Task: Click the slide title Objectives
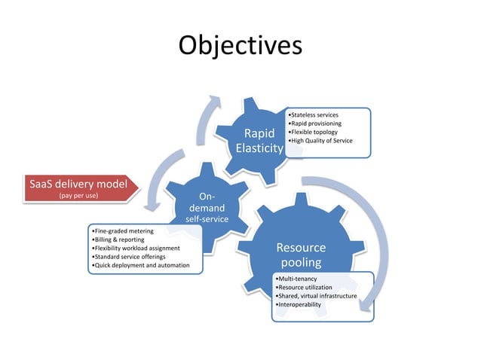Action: pos(240,45)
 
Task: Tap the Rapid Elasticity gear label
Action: pos(259,142)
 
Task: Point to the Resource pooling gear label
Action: pos(301,255)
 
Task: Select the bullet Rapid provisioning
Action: pos(316,124)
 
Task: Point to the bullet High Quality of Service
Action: pos(320,141)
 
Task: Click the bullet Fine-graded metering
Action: pos(122,230)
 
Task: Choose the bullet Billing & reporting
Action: pos(117,239)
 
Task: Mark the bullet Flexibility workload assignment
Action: pos(135,248)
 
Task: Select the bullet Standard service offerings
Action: pos(129,256)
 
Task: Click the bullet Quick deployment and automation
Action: pos(139,265)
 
